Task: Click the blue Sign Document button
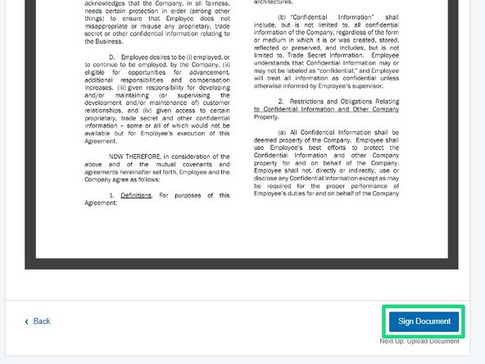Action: pyautogui.click(x=424, y=321)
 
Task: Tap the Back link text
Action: pyautogui.click(x=42, y=321)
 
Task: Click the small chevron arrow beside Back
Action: pyautogui.click(x=26, y=321)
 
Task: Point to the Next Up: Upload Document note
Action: pyautogui.click(x=419, y=342)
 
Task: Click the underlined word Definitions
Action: pyautogui.click(x=136, y=195)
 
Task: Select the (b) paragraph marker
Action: pyautogui.click(x=283, y=16)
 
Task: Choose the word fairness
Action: pyautogui.click(x=210, y=3)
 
